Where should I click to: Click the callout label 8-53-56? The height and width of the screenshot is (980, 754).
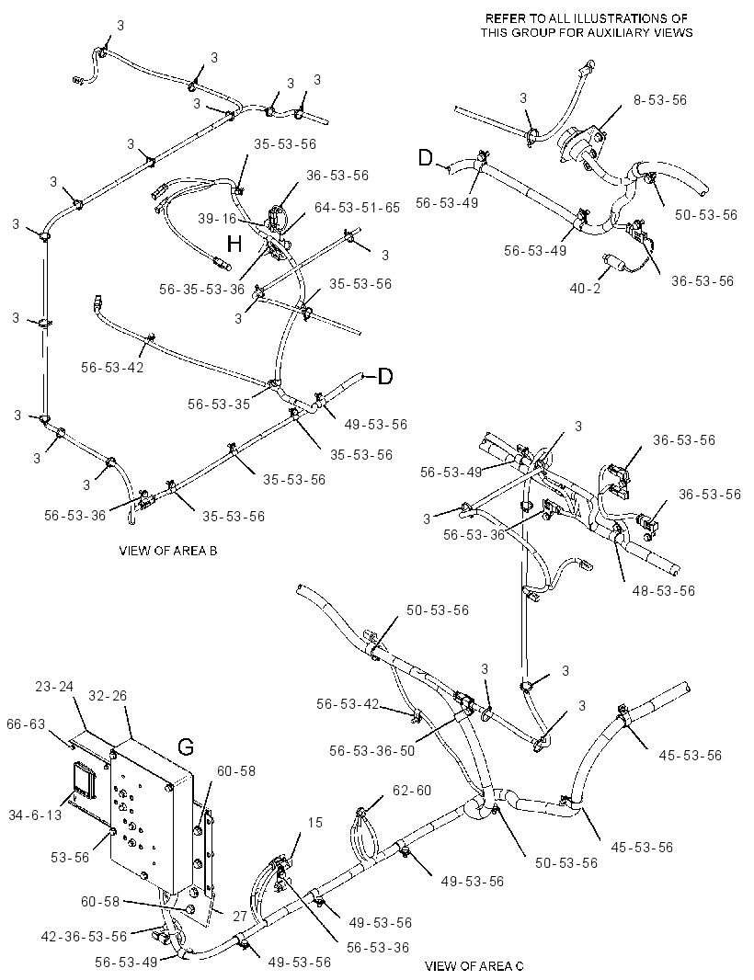click(659, 100)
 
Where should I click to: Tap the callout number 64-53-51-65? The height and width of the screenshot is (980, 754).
click(357, 208)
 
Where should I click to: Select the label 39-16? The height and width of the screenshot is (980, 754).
click(217, 218)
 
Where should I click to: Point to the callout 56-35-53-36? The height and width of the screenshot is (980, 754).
click(201, 289)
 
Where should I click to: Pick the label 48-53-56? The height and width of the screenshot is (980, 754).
click(663, 590)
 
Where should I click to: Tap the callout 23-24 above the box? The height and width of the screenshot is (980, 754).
click(53, 686)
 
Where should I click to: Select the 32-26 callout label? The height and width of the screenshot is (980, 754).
click(108, 695)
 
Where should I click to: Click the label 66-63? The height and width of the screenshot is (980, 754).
click(26, 724)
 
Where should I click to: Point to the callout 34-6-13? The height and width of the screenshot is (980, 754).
click(35, 815)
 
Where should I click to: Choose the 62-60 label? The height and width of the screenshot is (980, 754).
click(412, 791)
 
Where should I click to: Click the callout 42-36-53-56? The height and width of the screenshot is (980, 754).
click(85, 936)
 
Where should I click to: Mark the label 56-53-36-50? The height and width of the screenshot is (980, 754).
click(372, 750)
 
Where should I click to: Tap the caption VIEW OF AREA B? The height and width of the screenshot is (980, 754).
click(168, 551)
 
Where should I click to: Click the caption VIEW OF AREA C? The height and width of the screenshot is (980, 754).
click(474, 966)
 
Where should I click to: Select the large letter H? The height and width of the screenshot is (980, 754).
click(234, 244)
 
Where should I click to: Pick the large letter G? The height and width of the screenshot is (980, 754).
click(186, 746)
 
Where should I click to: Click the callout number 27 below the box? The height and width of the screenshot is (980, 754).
click(240, 916)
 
